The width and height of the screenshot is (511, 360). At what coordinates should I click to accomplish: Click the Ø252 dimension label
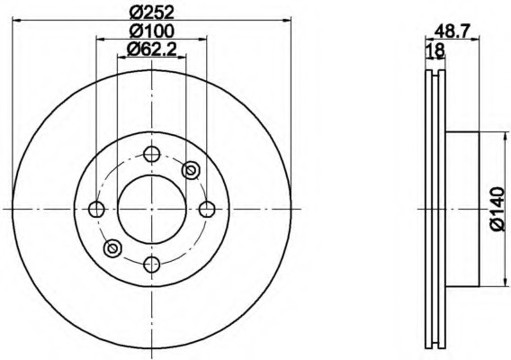click(152, 13)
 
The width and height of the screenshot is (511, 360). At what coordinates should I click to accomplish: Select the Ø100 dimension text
click(152, 31)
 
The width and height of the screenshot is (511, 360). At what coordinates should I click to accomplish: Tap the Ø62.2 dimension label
click(152, 49)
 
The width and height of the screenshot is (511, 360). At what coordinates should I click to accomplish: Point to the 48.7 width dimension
click(452, 31)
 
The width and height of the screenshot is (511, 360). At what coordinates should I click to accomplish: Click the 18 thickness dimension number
click(435, 50)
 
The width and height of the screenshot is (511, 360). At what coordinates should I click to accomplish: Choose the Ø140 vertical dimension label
click(498, 210)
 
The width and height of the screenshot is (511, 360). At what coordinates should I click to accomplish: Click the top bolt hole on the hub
click(152, 154)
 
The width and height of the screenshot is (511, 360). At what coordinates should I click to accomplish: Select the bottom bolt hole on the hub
click(152, 264)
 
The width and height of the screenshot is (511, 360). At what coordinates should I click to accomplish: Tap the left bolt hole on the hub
click(97, 210)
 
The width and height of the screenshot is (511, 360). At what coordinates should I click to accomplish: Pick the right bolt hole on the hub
click(207, 210)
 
